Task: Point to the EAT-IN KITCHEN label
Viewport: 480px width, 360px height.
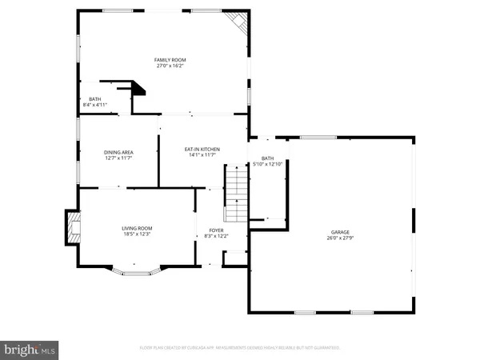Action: [202, 149]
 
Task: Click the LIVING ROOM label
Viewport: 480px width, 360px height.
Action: [137, 228]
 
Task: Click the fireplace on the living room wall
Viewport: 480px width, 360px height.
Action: [73, 226]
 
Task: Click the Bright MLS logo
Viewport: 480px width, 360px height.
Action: [30, 349]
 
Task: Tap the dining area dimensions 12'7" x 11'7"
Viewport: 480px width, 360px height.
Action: [118, 159]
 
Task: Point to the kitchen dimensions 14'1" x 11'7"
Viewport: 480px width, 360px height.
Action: [202, 156]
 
